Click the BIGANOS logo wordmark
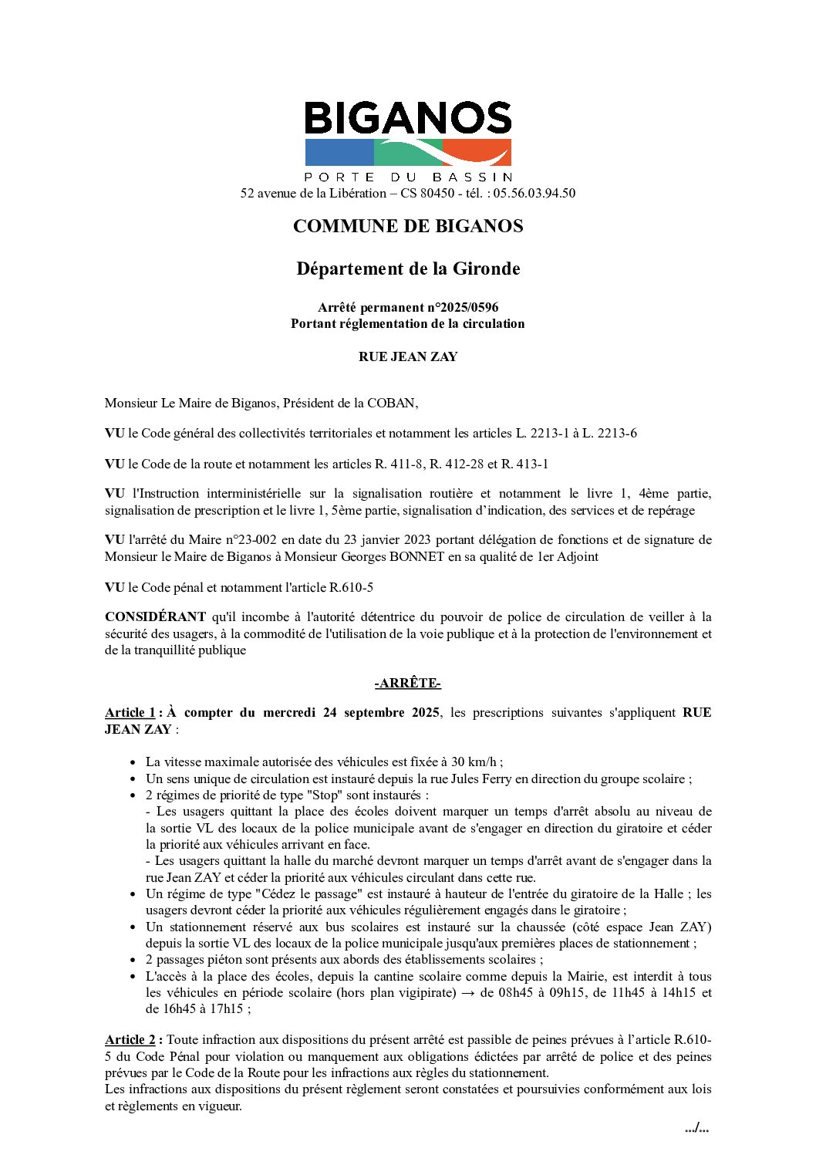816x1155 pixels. click(408, 119)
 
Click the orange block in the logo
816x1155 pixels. click(477, 152)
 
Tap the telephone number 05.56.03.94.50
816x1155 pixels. click(534, 193)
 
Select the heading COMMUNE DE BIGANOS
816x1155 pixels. click(408, 226)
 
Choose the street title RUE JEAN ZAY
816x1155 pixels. click(408, 356)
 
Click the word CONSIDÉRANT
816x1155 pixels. click(155, 616)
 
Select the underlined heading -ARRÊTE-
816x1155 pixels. click(408, 683)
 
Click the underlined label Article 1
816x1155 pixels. click(130, 712)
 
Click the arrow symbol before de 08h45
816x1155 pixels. click(468, 992)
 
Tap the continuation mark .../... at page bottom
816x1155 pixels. click(696, 1129)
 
